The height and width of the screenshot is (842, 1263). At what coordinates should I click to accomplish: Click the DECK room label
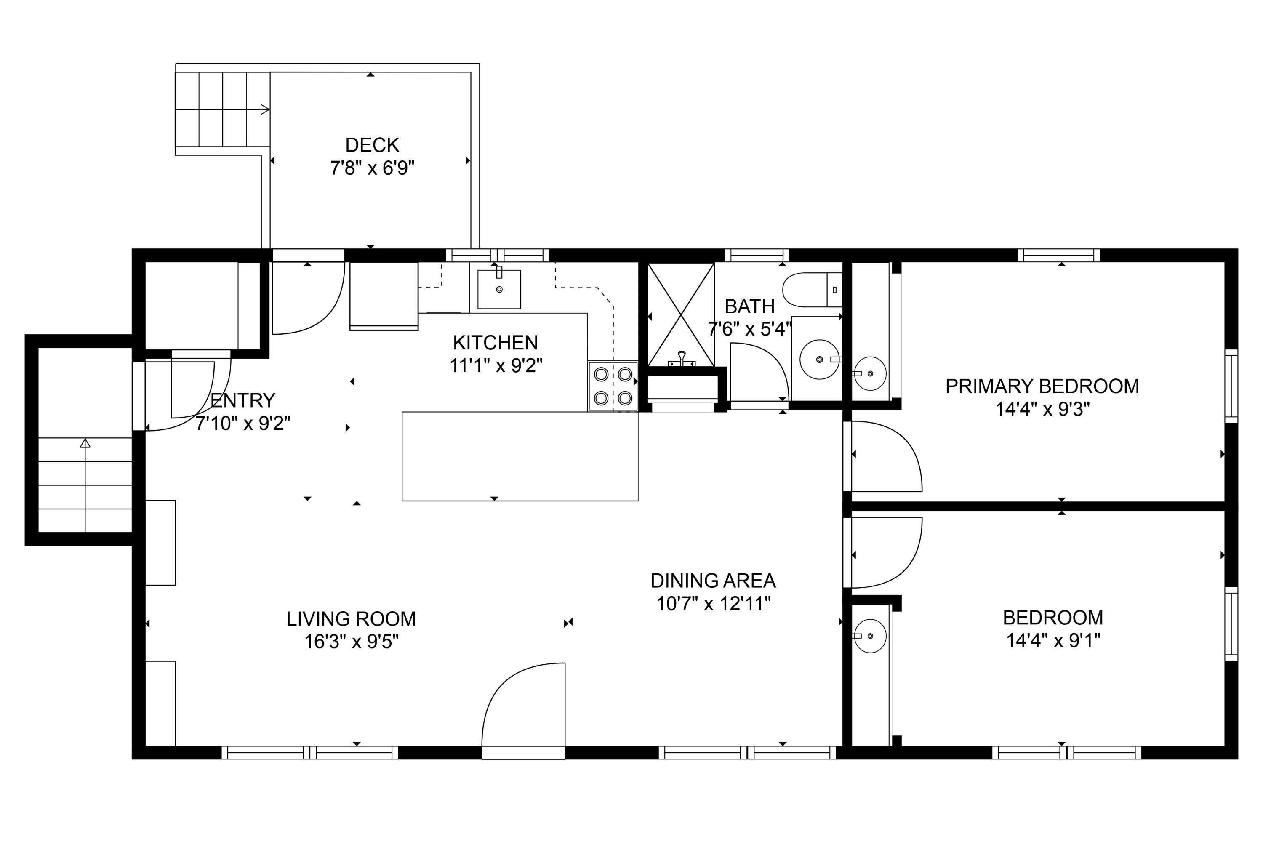click(372, 145)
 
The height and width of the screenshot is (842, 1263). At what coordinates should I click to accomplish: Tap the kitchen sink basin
click(499, 290)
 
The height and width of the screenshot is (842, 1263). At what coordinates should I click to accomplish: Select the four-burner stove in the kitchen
click(613, 386)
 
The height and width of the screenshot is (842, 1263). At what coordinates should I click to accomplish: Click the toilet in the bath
click(811, 290)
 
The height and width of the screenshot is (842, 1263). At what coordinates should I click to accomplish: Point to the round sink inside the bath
click(819, 359)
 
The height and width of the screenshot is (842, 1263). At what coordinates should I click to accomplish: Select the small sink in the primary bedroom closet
click(870, 373)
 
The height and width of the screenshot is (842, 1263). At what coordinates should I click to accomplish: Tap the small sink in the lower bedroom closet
click(870, 636)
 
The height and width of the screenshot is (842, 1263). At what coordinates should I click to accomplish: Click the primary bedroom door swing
click(886, 456)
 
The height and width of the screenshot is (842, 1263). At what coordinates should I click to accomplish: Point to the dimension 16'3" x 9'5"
click(351, 642)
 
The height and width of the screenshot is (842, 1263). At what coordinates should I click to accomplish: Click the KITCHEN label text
click(495, 343)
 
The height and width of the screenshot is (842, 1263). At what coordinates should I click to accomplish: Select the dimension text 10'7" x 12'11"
click(713, 604)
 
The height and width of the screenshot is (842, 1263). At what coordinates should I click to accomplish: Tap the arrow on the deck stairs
click(265, 109)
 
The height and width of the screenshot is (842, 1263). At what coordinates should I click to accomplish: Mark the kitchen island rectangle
click(520, 456)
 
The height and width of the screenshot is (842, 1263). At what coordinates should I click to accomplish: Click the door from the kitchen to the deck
click(308, 298)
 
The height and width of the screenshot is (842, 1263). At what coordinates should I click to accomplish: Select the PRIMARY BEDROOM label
click(1042, 386)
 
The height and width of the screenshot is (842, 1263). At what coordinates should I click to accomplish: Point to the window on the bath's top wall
click(757, 255)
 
